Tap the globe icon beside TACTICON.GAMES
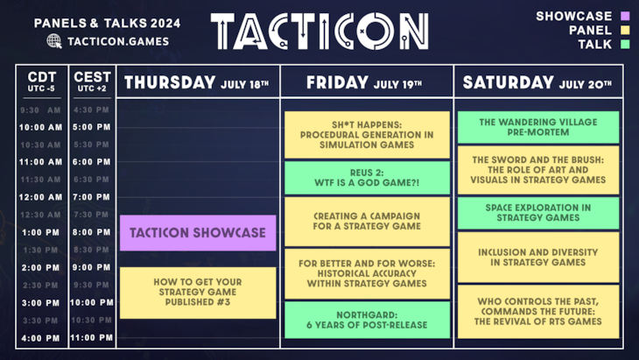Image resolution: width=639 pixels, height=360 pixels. click(54, 40)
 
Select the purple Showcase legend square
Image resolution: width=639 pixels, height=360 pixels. click(624, 16)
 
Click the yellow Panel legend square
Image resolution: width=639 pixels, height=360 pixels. click(624, 30)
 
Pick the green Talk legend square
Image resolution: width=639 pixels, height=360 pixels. click(624, 44)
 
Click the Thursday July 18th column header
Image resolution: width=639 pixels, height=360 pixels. click(197, 83)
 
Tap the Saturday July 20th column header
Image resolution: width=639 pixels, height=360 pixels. click(537, 83)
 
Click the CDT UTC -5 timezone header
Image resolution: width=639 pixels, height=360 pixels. click(41, 81)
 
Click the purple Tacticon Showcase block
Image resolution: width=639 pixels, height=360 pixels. click(198, 233)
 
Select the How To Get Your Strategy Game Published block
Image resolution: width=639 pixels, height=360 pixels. click(198, 293)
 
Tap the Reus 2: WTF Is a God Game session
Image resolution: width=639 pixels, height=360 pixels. click(367, 178)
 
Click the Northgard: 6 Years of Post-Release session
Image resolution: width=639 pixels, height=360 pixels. click(367, 320)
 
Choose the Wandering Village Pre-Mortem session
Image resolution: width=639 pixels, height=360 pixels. click(537, 127)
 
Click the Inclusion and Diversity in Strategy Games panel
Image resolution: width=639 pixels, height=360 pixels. click(537, 257)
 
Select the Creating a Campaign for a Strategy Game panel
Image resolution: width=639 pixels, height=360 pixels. click(367, 221)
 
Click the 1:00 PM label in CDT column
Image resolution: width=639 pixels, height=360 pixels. click(41, 232)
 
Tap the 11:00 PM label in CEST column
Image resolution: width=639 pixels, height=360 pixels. click(91, 338)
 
